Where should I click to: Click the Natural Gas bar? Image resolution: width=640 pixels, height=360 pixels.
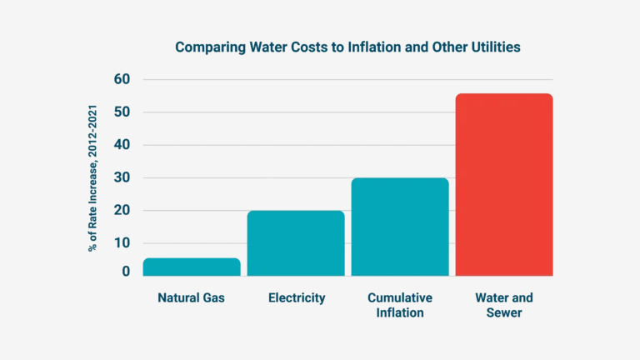click(192, 266)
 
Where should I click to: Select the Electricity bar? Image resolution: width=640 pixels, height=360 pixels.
click(296, 242)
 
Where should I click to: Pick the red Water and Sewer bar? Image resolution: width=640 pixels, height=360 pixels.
click(503, 184)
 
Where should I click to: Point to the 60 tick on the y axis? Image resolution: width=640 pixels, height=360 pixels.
click(122, 79)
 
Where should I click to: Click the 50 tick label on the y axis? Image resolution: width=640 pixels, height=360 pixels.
click(122, 112)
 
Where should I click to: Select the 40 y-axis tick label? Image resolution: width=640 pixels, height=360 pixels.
click(122, 145)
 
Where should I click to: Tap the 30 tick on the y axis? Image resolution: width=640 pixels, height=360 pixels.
click(122, 177)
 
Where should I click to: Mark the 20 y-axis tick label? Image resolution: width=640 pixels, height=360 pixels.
click(122, 210)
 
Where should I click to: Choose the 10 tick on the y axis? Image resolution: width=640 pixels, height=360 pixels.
click(122, 243)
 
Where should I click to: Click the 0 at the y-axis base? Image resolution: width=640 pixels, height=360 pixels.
click(126, 271)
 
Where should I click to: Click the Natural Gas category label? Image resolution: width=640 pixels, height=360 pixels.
click(192, 297)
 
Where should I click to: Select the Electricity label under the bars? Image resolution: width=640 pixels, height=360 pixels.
click(297, 297)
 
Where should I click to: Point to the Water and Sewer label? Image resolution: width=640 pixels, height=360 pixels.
click(503, 305)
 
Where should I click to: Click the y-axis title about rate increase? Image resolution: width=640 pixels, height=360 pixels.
click(97, 177)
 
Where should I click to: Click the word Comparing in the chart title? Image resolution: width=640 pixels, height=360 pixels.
click(204, 47)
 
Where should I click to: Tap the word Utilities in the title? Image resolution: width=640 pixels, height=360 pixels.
click(492, 47)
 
